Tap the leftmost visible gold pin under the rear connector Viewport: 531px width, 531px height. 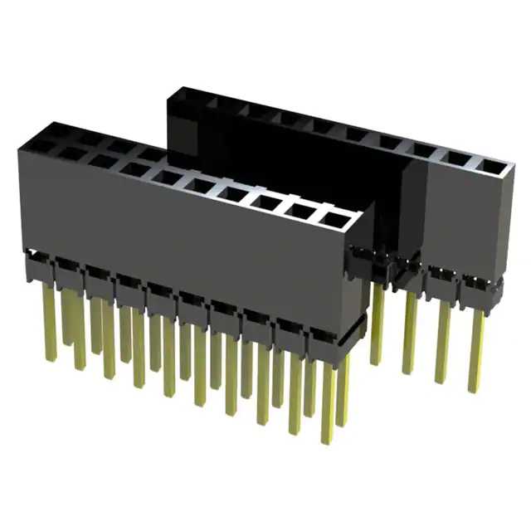pyautogui.click(x=378, y=324)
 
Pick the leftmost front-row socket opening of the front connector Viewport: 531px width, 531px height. pyautogui.click(x=38, y=146)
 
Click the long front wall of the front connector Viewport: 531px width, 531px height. pyautogui.click(x=183, y=241)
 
